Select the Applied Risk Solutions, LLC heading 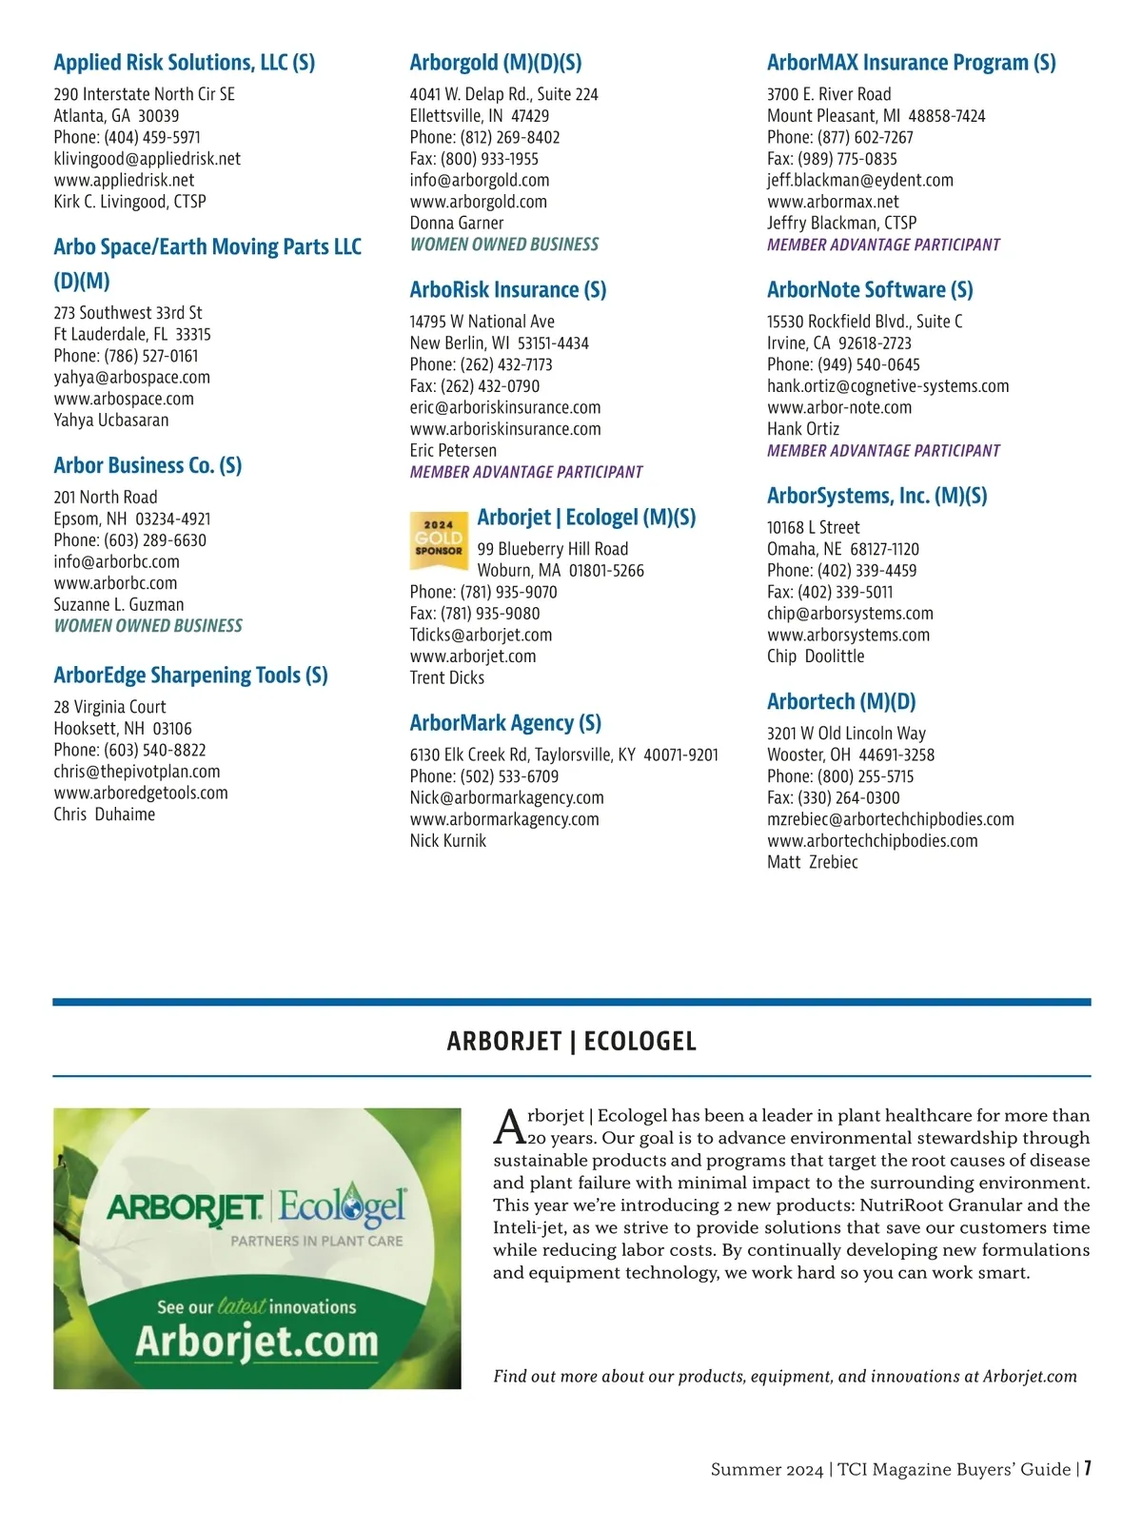[184, 63]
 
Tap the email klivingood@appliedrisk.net [147, 159]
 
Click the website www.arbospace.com [124, 399]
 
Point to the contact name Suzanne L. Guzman [119, 604]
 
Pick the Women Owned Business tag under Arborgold [504, 245]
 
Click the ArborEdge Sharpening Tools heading [190, 676]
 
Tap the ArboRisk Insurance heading [507, 290]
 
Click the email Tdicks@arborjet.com [481, 635]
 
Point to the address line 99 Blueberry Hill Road [553, 549]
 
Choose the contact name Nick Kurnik [448, 841]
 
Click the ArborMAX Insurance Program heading [911, 63]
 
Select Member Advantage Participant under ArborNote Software [883, 451]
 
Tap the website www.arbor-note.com [838, 407]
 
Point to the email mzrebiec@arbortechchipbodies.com [890, 819]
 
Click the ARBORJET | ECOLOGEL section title [571, 1041]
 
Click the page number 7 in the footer [1087, 1468]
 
